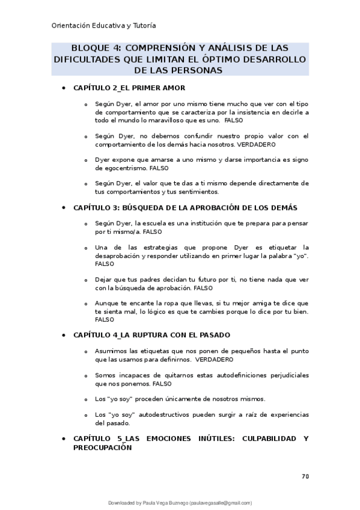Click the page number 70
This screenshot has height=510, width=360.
[x=305, y=476]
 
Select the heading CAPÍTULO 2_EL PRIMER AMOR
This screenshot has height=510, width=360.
[x=124, y=88]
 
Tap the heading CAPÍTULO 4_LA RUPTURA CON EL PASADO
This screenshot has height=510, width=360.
[x=151, y=334]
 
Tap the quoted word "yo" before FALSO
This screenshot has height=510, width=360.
[x=297, y=256]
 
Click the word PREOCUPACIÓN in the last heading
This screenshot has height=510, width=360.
[x=102, y=447]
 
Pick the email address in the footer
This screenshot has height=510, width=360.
[x=222, y=503]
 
